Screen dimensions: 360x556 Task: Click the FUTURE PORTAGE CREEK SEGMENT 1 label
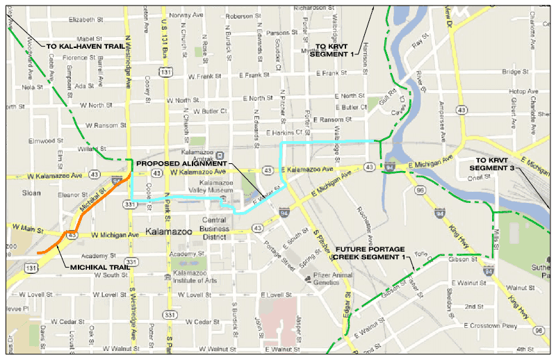[x=369, y=252]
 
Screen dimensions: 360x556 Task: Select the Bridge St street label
[x=516, y=72]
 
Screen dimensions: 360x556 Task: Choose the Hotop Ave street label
[x=518, y=91]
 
